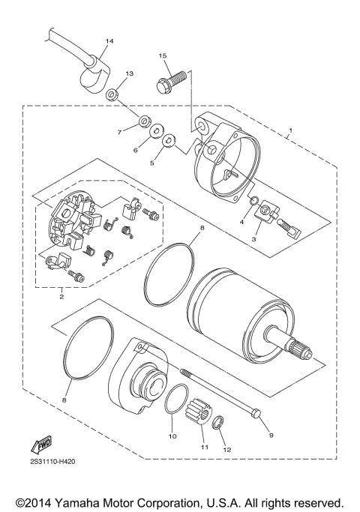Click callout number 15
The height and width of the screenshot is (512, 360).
click(x=162, y=55)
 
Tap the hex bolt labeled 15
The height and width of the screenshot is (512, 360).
click(x=166, y=79)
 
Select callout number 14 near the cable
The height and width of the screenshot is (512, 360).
click(x=109, y=40)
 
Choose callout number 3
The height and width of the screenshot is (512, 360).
click(x=254, y=238)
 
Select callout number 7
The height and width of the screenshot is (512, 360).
click(x=118, y=132)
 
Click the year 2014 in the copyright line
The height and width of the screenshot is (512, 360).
click(x=39, y=501)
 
